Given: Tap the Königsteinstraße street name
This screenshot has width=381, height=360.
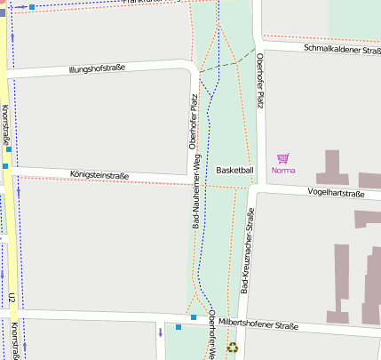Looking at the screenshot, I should [x=99, y=175].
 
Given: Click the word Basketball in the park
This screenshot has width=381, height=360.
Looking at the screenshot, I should [x=234, y=170].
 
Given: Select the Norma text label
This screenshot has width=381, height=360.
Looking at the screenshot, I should [x=283, y=170].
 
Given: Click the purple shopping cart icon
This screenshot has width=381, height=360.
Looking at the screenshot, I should [x=283, y=158].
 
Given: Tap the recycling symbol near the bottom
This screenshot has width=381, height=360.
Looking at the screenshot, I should [x=233, y=348].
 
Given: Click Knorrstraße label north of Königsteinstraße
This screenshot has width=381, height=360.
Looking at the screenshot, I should [x=5, y=124].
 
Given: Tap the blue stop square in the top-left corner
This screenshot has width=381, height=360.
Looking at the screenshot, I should [x=33, y=6].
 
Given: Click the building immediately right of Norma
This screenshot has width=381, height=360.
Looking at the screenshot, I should [x=329, y=166].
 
